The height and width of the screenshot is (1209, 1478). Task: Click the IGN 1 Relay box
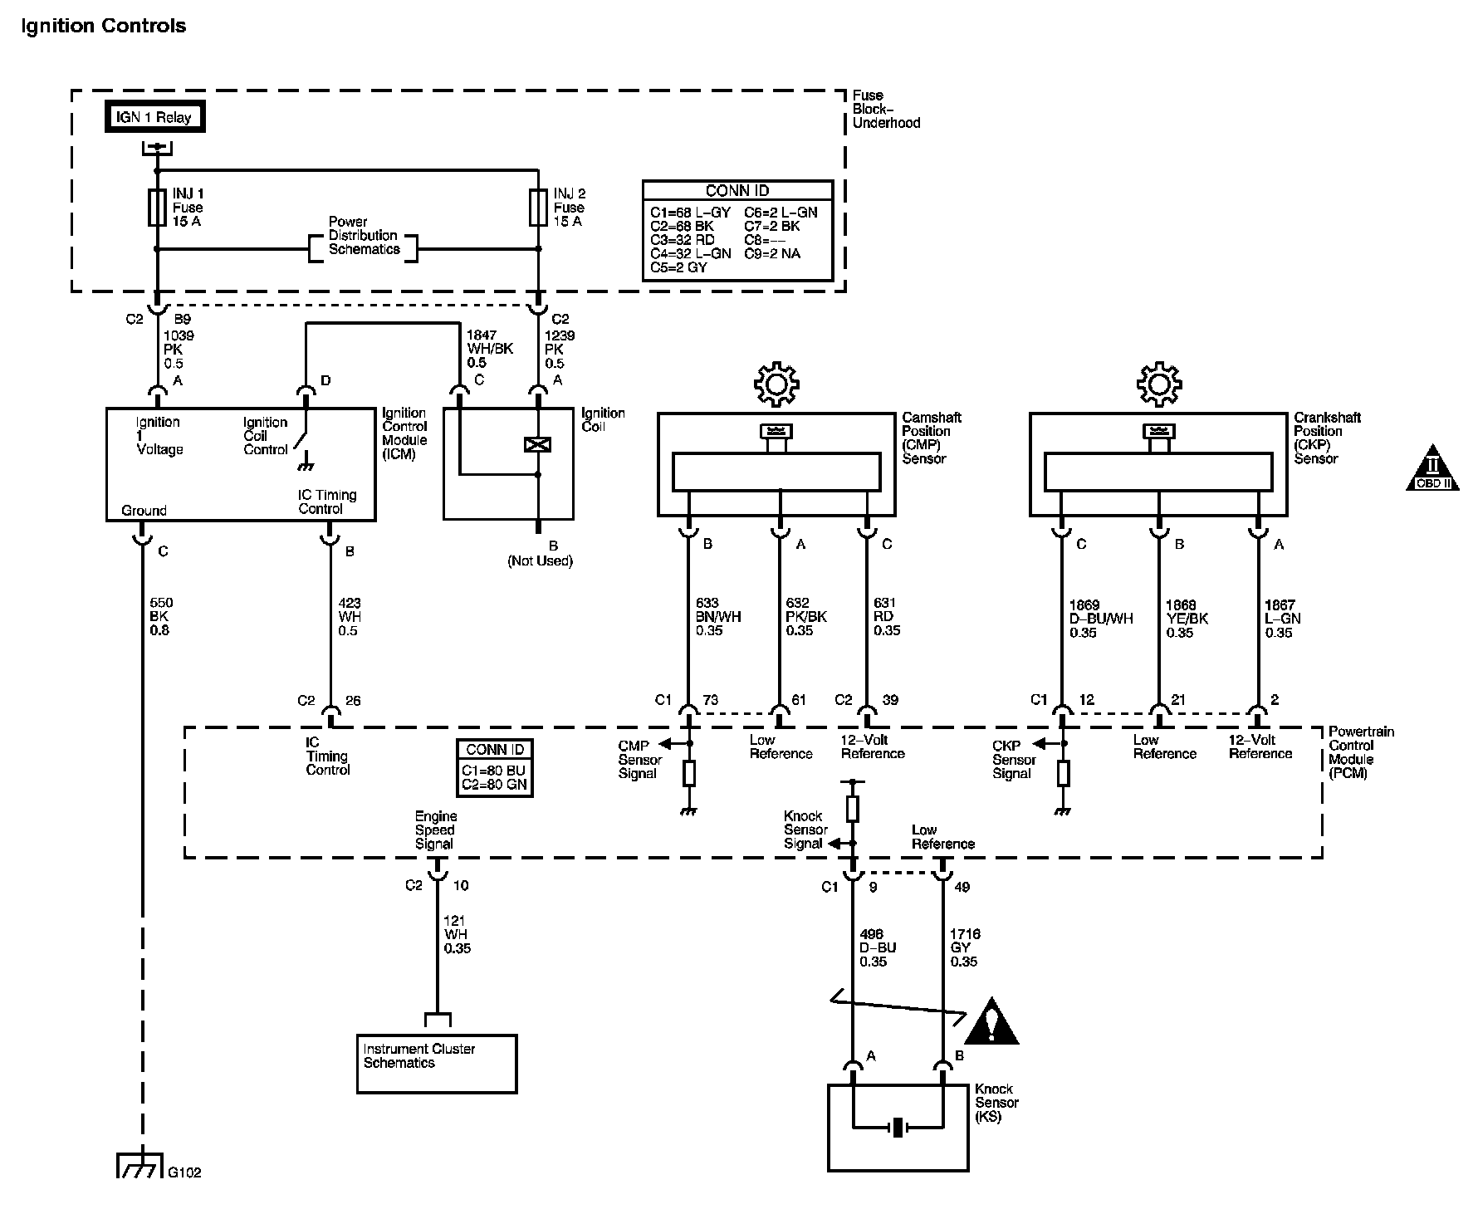154,117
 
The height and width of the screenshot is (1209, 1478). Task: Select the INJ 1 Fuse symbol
156,208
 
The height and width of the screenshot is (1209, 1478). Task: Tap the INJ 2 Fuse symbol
538,208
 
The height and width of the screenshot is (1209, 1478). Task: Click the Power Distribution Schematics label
363,236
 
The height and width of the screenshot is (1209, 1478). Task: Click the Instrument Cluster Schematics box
437,1063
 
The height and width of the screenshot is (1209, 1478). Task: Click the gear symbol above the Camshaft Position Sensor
776,384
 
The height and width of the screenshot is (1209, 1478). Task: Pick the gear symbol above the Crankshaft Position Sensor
1158,384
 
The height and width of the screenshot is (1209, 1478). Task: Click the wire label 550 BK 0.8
159,617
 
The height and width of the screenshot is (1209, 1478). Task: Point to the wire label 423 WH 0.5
349,617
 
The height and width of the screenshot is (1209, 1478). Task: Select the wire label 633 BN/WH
718,617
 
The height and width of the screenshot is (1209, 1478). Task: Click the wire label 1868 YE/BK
1187,619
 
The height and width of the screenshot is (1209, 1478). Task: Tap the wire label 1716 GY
965,947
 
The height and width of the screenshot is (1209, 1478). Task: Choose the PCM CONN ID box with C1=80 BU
495,768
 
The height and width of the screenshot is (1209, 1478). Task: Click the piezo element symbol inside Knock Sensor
898,1128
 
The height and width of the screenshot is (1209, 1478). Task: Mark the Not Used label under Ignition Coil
541,561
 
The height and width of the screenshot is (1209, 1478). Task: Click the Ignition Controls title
103,26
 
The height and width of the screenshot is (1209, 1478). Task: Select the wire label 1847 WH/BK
489,349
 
